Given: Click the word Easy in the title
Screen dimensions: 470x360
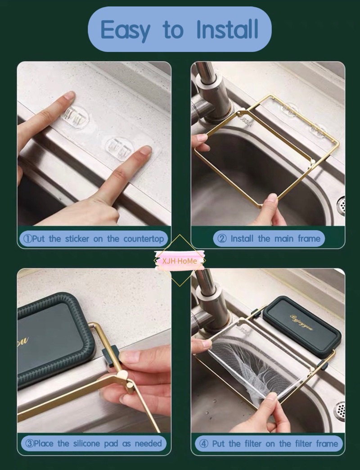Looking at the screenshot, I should click(126, 30).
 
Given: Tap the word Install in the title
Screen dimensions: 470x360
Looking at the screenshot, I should click(228, 30).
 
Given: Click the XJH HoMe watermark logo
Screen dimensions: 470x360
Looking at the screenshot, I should click(180, 261).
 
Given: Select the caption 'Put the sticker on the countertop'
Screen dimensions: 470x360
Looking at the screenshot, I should click(94, 239).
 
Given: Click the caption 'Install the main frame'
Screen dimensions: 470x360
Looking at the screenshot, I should click(269, 239).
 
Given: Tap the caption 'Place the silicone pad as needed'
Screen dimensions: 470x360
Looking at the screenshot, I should click(94, 443).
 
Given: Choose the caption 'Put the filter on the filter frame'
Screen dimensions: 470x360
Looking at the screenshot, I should click(269, 443).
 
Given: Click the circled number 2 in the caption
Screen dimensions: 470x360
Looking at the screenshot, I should click(222, 239).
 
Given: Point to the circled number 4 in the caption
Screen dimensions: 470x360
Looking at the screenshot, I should click(203, 443).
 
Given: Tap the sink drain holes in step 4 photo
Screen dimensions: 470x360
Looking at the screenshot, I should click(340, 411).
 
